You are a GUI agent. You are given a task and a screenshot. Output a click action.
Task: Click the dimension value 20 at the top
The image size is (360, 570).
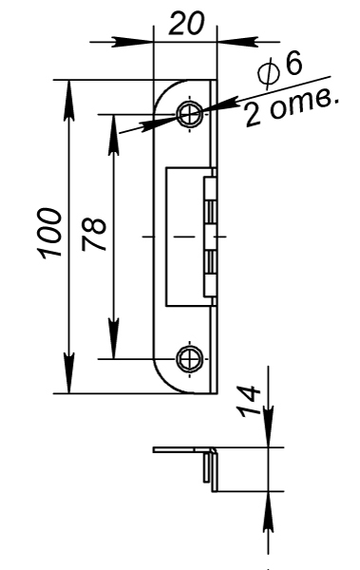pos(187,23)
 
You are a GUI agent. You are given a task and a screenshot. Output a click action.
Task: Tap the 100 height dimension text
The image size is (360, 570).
pos(49,234)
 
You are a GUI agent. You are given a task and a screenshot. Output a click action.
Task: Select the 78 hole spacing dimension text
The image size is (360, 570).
pos(94,235)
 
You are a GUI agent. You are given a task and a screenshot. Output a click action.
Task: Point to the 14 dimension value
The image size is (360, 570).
pos(249,401)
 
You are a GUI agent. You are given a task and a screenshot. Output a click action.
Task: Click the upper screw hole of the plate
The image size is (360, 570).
pos(189,114)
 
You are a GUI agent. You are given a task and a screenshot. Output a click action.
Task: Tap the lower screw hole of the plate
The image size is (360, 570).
pos(189,359)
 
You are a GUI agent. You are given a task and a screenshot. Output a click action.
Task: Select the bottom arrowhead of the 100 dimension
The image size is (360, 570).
pos(68,373)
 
